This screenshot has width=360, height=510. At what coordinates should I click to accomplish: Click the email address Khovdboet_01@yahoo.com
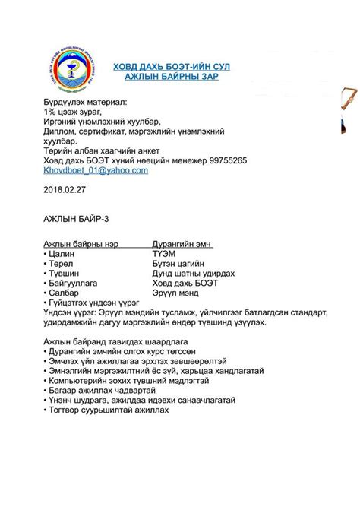tap(96, 171)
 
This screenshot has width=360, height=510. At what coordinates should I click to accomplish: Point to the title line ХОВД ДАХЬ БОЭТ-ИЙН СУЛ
tap(172, 68)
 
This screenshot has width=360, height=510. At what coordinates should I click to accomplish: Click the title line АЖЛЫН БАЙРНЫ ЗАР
tap(172, 78)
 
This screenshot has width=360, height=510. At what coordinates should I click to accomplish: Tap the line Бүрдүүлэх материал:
tap(86, 101)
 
